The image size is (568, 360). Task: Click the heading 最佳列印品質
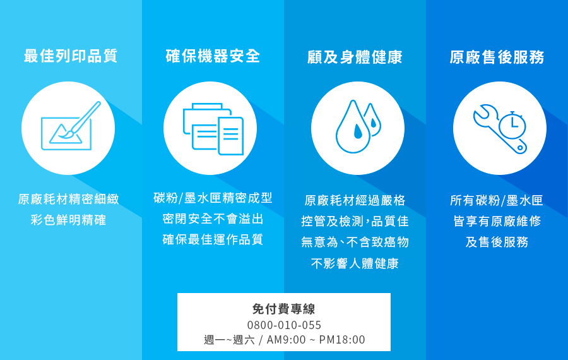tap(71, 56)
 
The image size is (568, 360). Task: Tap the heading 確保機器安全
tap(213, 56)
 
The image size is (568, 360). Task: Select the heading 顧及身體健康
tap(355, 57)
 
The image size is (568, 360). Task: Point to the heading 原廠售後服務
tap(497, 57)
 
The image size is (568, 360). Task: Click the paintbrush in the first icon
tap(80, 120)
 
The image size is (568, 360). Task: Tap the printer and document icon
tap(213, 129)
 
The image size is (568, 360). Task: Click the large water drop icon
tap(353, 127)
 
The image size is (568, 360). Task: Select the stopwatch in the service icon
tap(512, 124)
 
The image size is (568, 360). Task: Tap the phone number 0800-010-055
tap(284, 325)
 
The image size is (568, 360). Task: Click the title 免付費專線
tap(283, 309)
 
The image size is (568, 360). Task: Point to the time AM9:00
tap(286, 340)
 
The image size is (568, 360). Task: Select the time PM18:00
tap(342, 340)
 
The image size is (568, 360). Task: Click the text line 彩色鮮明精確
tap(68, 220)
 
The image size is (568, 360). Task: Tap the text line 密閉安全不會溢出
tap(213, 219)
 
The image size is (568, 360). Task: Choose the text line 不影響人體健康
tap(355, 263)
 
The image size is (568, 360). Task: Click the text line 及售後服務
tap(497, 242)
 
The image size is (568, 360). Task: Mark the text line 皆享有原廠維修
tap(497, 221)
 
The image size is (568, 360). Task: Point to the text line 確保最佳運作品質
tap(213, 239)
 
